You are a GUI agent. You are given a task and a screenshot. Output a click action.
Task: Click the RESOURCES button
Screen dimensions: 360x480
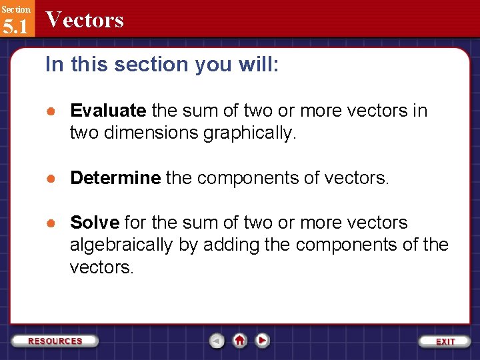click(x=55, y=341)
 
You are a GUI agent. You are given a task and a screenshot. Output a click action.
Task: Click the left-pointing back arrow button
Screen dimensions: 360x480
click(x=217, y=341)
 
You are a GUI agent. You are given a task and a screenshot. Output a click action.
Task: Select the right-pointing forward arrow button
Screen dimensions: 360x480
click(x=263, y=341)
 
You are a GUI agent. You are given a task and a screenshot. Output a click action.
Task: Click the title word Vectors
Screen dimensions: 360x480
click(x=85, y=20)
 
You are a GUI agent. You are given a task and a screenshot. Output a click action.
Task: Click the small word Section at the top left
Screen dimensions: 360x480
click(x=15, y=9)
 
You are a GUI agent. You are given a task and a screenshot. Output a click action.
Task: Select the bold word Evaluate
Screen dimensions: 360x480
click(x=108, y=110)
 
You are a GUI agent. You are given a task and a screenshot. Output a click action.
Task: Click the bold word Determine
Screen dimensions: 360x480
click(x=115, y=178)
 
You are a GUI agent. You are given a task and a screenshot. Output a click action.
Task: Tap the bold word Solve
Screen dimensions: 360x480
click(x=94, y=223)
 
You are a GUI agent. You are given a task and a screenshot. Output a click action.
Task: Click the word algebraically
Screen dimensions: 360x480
click(x=121, y=245)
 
